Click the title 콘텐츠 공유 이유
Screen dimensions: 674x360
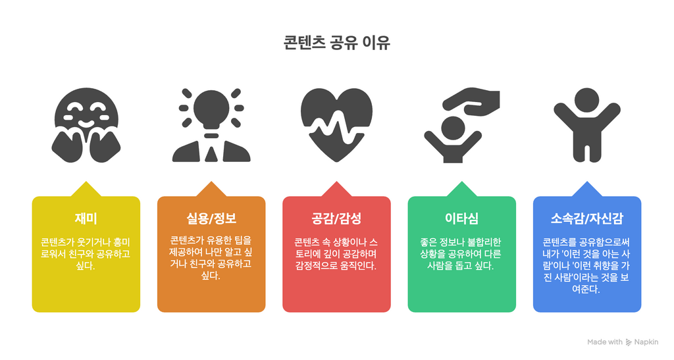click(x=336, y=43)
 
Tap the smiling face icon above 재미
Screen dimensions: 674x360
click(x=86, y=125)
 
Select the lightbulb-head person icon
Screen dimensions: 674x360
click(x=211, y=125)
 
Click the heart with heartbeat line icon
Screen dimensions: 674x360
click(x=336, y=125)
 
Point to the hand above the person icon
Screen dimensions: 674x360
click(x=471, y=101)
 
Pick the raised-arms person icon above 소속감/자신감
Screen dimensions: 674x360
click(x=586, y=125)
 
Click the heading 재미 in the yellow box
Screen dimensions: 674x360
click(x=86, y=219)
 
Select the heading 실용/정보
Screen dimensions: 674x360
click(x=211, y=219)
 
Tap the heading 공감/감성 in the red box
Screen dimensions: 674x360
click(x=336, y=219)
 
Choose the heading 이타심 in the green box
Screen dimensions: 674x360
click(x=461, y=219)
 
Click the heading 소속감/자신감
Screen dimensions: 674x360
click(x=586, y=219)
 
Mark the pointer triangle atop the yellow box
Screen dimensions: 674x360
click(x=86, y=190)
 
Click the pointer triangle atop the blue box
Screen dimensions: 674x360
click(x=586, y=190)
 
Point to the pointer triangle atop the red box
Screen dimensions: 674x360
click(x=336, y=190)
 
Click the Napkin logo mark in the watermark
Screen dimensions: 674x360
click(x=629, y=342)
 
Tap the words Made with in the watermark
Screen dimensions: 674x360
click(x=605, y=342)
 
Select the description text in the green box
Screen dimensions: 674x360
click(x=461, y=254)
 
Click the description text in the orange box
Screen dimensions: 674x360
click(x=211, y=258)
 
